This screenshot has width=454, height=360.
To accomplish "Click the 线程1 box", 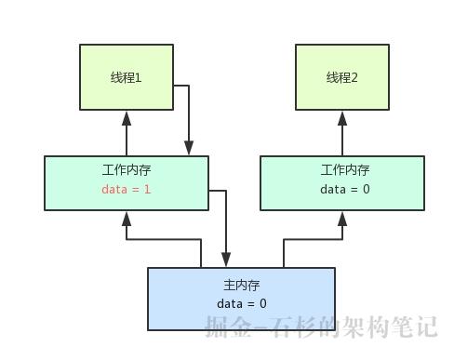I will [126, 77].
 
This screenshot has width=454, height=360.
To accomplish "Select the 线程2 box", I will [342, 77].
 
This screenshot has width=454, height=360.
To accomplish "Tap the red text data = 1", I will [126, 190].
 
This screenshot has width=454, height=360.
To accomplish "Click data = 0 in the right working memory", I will [345, 190].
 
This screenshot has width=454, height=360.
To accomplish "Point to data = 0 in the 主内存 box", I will [242, 303].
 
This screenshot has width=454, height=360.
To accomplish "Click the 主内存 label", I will [242, 285].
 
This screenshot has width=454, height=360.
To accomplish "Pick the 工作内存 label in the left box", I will [126, 170].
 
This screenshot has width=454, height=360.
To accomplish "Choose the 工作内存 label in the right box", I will [345, 170].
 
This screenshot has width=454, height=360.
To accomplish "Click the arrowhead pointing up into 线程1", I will [126, 117].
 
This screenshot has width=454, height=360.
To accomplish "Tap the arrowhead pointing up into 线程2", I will [342, 117].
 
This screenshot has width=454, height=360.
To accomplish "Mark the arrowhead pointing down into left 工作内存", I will [189, 148].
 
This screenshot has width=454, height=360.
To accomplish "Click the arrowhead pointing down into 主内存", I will [226, 260].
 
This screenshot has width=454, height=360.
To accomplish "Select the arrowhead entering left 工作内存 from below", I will [126, 219].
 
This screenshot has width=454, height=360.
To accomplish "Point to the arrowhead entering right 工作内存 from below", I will [342, 219].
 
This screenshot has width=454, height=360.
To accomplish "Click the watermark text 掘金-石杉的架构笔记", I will [321, 327].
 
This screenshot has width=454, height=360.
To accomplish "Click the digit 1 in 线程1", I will [139, 78].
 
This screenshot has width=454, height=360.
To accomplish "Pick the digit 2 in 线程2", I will [355, 78].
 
